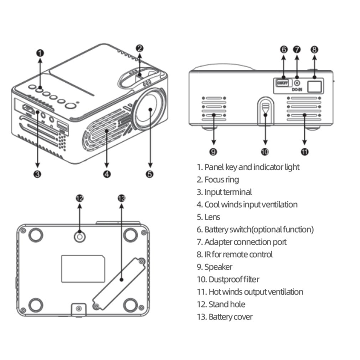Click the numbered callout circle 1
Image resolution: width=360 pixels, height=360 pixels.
click(x=40, y=53)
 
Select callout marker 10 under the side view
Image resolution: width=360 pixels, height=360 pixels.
click(x=264, y=152)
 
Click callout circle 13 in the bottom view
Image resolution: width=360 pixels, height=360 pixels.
click(x=121, y=198)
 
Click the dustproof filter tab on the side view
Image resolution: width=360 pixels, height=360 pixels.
click(x=265, y=108)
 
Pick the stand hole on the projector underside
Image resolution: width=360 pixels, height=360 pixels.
click(x=79, y=236)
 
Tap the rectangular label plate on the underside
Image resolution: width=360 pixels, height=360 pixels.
click(x=83, y=268)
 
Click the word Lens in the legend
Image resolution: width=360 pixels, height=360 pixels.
click(x=212, y=217)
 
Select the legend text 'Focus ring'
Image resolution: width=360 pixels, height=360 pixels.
click(x=221, y=180)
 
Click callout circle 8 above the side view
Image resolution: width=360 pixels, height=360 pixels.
click(x=314, y=50)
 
